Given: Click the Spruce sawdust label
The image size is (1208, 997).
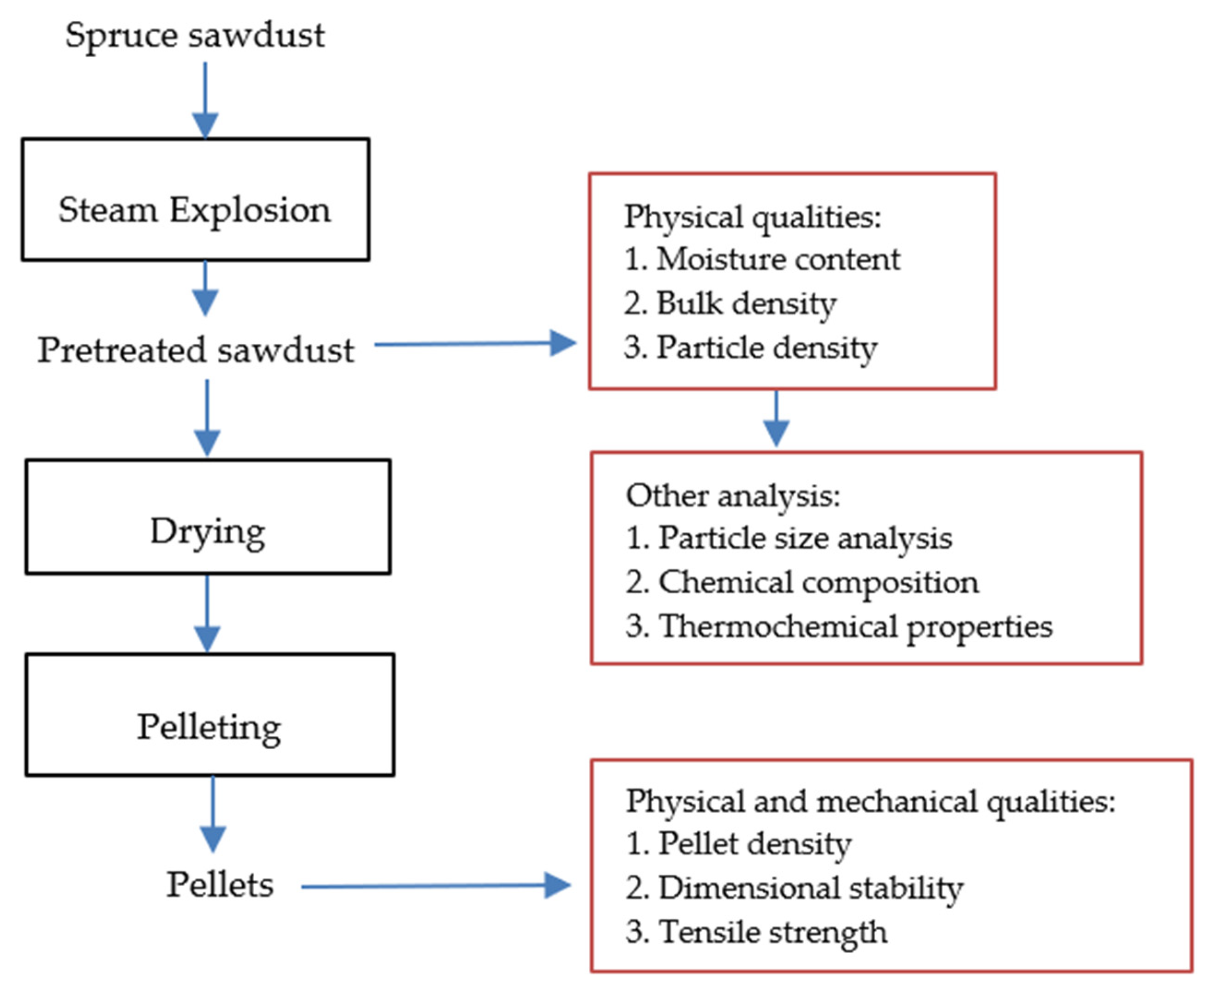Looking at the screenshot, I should [195, 36].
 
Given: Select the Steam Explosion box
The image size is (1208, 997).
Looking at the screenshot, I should [195, 199].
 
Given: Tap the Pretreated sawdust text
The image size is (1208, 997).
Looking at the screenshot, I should [195, 350].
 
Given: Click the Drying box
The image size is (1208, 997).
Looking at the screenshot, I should [208, 516].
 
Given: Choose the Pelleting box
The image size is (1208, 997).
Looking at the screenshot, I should [209, 715].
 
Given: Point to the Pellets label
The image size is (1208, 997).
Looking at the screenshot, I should [220, 884].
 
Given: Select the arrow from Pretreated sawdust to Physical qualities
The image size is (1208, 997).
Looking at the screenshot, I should [474, 344].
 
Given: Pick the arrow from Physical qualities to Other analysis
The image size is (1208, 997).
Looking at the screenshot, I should [776, 418].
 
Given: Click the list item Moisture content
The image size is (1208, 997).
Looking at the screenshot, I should [762, 259].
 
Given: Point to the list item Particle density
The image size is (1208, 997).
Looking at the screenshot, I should [750, 347].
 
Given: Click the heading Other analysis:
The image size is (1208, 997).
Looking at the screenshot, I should [732, 495].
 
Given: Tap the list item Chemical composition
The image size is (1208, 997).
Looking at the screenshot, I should [802, 582].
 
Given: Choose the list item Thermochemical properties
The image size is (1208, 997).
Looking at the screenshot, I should [839, 626].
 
